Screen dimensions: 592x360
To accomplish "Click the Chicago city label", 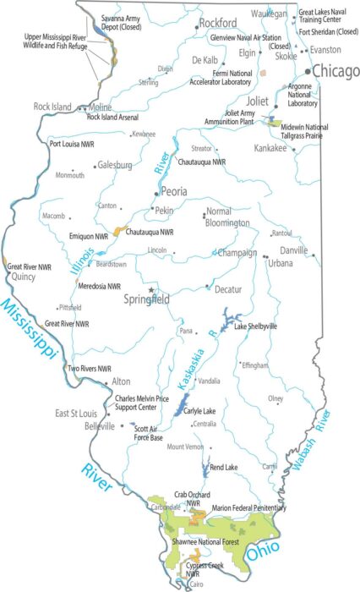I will (x=335, y=72).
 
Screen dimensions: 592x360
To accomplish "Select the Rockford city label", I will (x=218, y=24).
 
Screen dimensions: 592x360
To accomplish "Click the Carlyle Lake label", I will (x=199, y=412).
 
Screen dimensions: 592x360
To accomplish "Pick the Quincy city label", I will (x=25, y=275).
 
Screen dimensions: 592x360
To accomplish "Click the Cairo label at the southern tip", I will (x=196, y=584).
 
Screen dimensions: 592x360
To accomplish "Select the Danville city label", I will (x=294, y=250).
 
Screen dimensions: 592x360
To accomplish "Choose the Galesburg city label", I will (x=114, y=166).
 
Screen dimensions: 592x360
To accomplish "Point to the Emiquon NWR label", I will (x=89, y=236).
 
